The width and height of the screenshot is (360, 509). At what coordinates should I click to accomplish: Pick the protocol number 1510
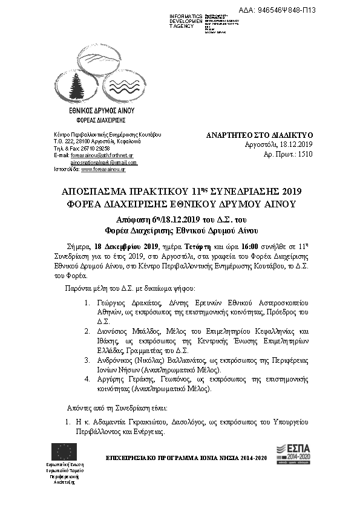click(x=305, y=155)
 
